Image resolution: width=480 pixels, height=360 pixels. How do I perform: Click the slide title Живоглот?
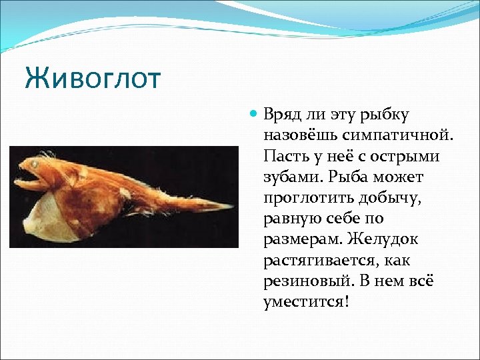tap(93, 79)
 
